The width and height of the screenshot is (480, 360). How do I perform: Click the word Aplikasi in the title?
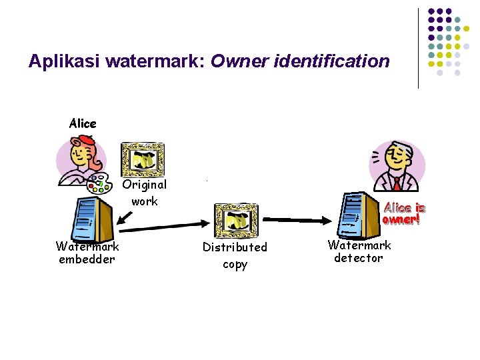pos(62,62)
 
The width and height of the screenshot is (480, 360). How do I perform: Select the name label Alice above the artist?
pos(83,123)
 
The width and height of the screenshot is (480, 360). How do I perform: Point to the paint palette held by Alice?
pos(100,182)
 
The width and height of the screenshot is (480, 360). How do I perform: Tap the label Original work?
pos(145,192)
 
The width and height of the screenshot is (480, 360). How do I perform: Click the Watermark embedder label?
pos(87,253)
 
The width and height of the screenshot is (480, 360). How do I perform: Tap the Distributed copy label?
pos(235,255)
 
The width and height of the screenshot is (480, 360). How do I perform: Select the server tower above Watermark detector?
pos(355,215)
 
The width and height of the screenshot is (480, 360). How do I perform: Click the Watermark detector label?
pos(359,251)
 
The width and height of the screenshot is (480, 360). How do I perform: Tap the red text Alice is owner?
pos(403,213)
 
